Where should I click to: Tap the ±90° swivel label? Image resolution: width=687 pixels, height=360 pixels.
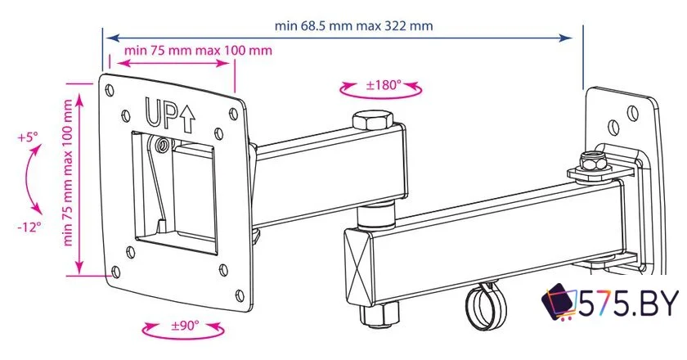(x=184, y=325)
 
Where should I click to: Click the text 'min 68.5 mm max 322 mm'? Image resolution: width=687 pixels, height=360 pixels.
(x=354, y=25)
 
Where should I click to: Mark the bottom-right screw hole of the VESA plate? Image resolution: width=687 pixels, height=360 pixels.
(x=238, y=294)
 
